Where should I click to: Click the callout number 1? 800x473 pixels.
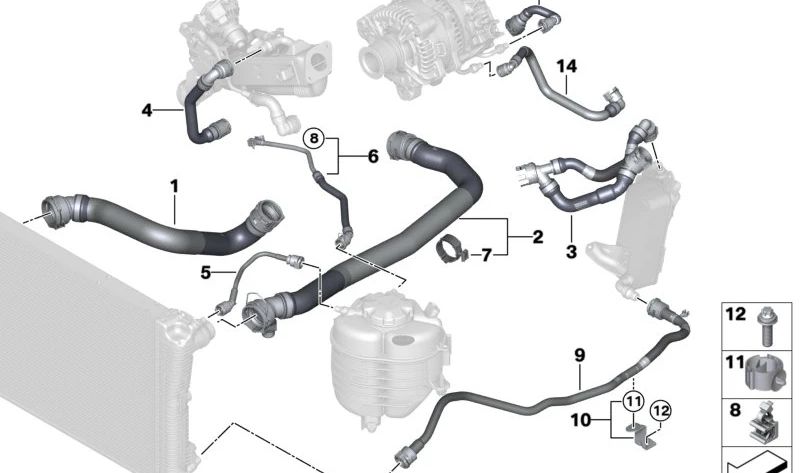(x=173, y=185)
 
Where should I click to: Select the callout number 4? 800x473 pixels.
(x=146, y=110)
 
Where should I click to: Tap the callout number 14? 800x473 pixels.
(x=567, y=66)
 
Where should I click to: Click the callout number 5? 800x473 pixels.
(x=206, y=272)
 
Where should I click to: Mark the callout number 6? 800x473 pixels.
(x=372, y=156)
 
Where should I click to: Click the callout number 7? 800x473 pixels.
(x=487, y=256)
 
